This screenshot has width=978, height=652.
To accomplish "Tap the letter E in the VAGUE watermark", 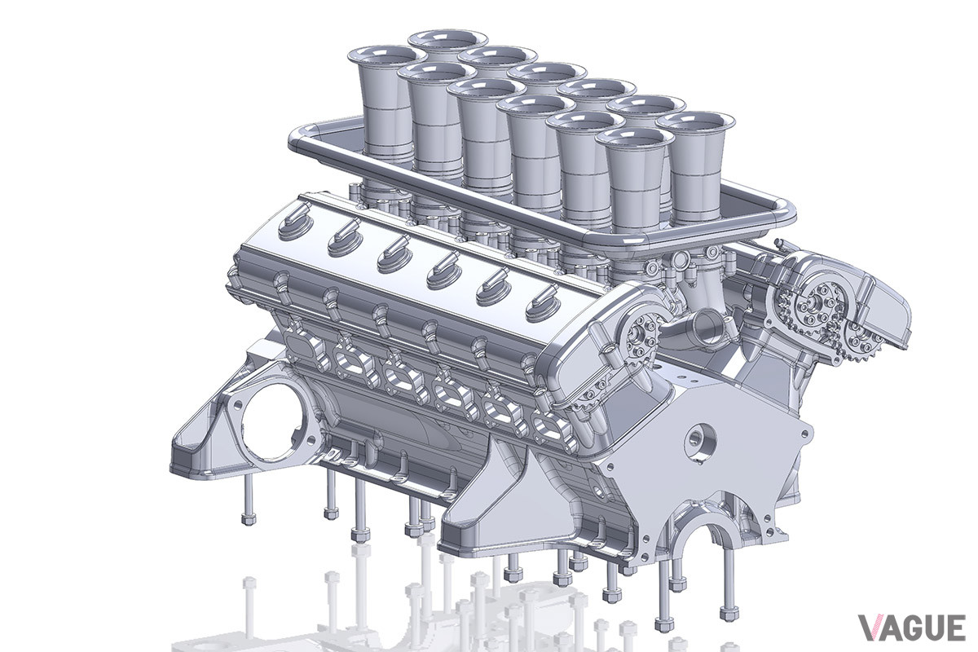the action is point(955,628).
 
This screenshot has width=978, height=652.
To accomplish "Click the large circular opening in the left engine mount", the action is point(271,423).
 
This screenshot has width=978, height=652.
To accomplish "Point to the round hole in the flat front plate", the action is point(701,443).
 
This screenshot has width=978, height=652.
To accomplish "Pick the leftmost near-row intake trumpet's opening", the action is point(387,56).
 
